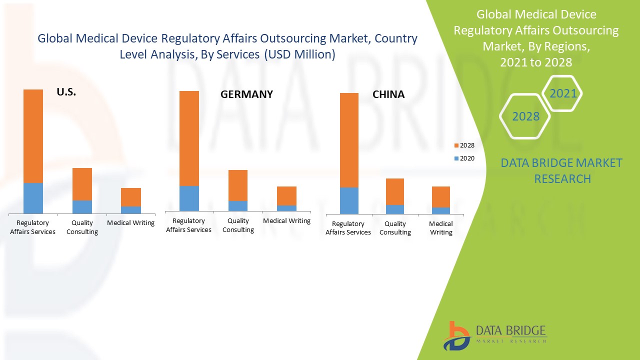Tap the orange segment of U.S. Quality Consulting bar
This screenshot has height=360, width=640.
(x=82, y=184)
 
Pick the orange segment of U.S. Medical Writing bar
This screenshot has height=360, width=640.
(x=130, y=197)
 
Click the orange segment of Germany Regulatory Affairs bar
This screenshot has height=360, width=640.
(x=189, y=138)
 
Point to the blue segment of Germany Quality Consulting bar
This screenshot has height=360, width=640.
(x=238, y=206)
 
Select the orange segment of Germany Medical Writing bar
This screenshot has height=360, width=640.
(x=286, y=196)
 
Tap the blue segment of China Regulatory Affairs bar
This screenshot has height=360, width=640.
(x=349, y=200)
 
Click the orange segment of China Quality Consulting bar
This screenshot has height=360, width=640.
(x=395, y=191)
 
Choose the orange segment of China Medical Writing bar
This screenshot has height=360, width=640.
(x=441, y=197)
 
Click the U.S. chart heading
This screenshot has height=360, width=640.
(x=66, y=92)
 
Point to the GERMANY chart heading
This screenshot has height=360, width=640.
(x=246, y=94)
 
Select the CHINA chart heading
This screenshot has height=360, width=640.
(x=388, y=94)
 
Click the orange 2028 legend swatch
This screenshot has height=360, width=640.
(x=456, y=145)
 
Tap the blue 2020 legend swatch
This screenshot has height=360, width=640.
(x=456, y=158)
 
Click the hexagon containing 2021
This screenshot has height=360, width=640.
(x=562, y=93)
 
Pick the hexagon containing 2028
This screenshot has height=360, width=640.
(x=525, y=116)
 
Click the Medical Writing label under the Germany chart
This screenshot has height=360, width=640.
(x=286, y=220)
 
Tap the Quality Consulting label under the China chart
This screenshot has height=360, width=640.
(x=395, y=228)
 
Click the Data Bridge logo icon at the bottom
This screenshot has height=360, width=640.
(x=456, y=335)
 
